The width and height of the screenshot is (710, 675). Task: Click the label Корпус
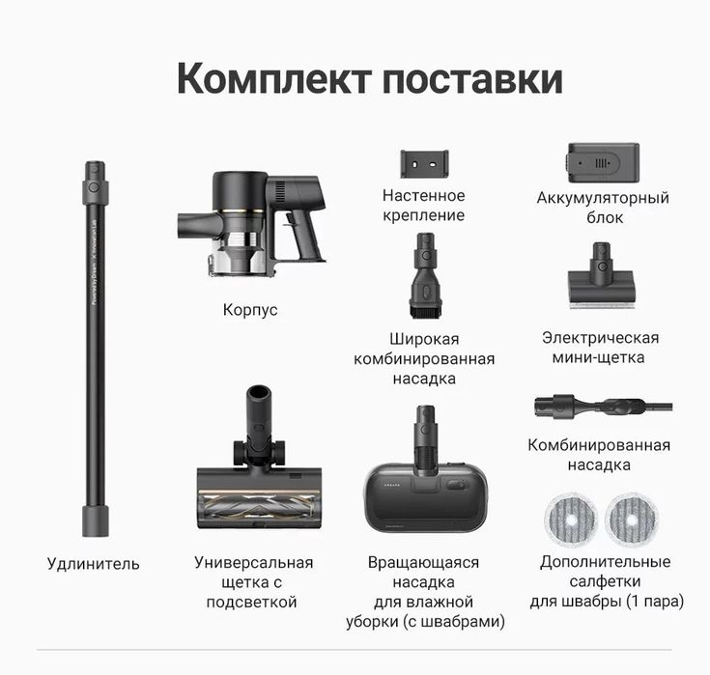[250, 310]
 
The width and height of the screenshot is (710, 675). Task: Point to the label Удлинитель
[94, 564]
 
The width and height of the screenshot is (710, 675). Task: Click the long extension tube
[94, 348]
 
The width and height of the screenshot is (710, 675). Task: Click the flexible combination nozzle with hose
[599, 406]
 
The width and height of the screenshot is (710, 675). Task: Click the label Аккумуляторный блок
[603, 208]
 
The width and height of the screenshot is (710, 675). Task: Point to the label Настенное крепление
[423, 206]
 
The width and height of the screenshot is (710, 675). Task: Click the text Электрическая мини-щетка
[600, 348]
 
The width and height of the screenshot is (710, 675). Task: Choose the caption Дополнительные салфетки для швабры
[606, 581]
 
